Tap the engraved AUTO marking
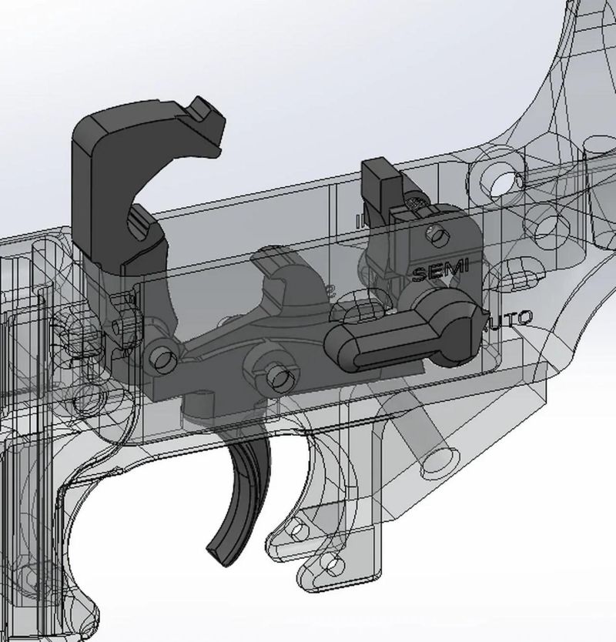click(508, 317)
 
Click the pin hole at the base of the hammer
click(161, 357)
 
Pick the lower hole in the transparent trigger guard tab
click(332, 566)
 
